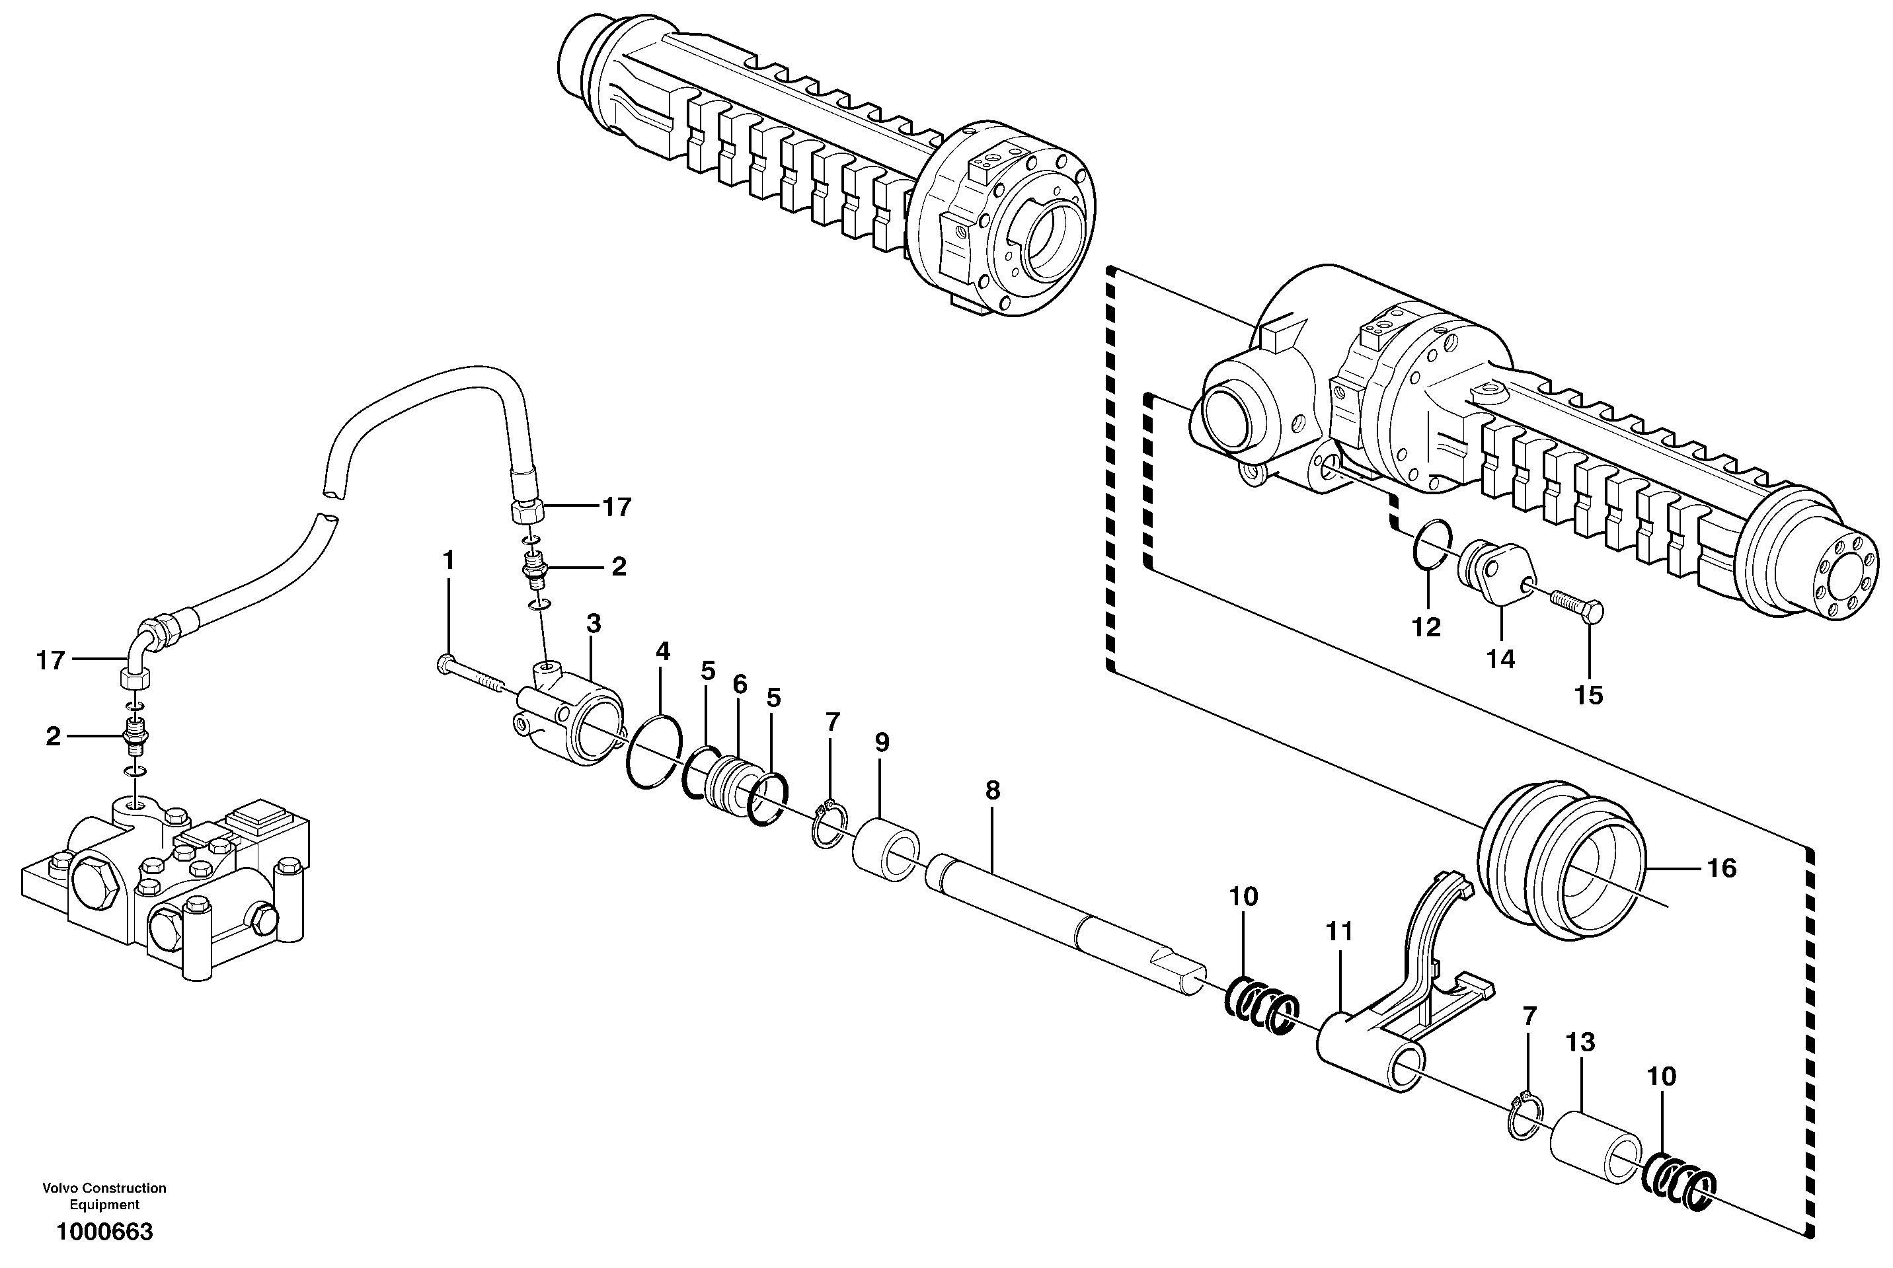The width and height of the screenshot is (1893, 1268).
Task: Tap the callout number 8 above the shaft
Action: click(x=993, y=791)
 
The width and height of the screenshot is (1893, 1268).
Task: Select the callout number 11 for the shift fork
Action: click(x=1339, y=932)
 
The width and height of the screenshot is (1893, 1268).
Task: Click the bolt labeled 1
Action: click(x=469, y=675)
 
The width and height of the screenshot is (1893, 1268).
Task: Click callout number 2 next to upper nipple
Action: click(x=618, y=567)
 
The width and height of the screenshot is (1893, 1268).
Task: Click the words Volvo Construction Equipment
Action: click(x=104, y=1196)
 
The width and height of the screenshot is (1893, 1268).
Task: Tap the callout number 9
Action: click(x=882, y=742)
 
